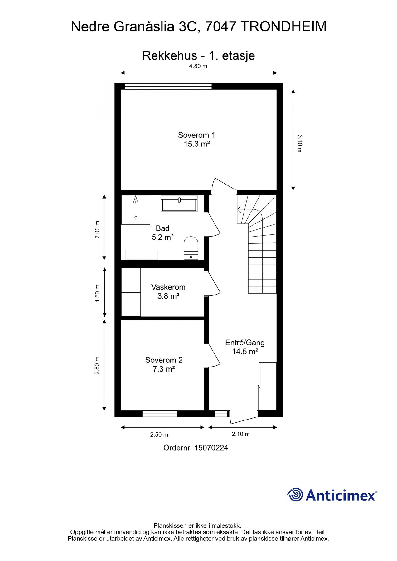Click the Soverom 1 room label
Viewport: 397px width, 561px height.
[196, 135]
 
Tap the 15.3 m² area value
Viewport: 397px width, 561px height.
[196, 144]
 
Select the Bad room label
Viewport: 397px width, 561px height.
[162, 228]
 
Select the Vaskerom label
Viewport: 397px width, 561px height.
[168, 287]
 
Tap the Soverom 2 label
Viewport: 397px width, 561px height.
[164, 360]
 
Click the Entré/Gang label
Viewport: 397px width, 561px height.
[245, 343]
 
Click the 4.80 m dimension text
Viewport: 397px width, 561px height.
[198, 66]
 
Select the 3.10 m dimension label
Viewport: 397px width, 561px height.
[300, 143]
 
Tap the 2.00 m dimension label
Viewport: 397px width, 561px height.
[97, 230]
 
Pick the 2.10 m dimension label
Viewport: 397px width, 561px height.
[240, 434]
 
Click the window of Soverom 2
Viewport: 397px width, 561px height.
[160, 414]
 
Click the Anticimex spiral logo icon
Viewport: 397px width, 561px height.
[295, 495]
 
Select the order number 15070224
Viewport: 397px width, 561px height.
[211, 448]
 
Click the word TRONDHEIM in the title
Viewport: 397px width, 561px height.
[283, 26]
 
